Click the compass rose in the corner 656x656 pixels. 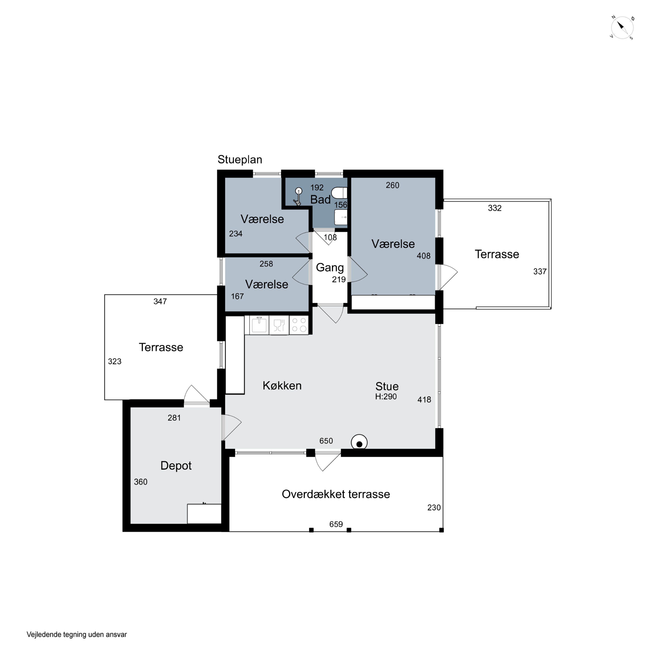(622, 28)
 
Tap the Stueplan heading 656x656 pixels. (240, 160)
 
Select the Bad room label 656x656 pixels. (320, 200)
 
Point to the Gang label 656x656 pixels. (330, 268)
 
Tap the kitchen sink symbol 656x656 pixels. (259, 325)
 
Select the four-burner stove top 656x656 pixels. (299, 325)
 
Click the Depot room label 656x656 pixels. (176, 466)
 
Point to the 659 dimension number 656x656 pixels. (336, 524)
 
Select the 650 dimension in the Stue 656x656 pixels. (326, 441)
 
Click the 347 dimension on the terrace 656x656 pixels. (160, 302)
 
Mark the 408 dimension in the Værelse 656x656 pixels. (423, 256)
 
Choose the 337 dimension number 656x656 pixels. (540, 272)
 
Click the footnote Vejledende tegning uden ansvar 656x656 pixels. (77, 634)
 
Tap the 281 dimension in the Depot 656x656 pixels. (174, 418)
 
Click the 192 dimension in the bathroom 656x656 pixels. (317, 187)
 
